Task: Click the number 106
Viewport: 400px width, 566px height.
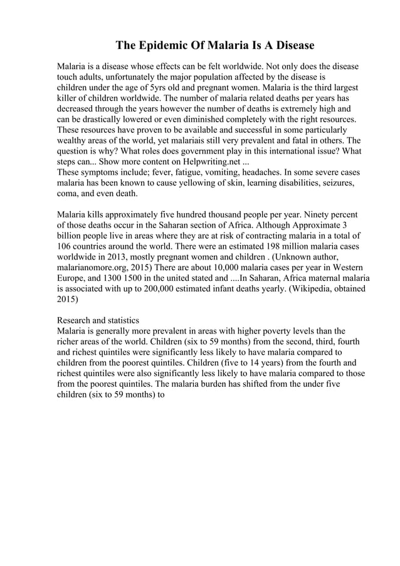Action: coord(65,246)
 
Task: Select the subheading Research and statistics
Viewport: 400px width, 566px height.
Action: coord(98,320)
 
